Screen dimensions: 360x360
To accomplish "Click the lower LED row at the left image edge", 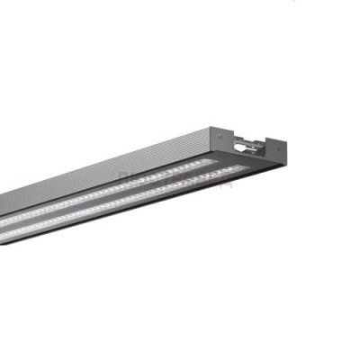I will (x=3, y=236).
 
